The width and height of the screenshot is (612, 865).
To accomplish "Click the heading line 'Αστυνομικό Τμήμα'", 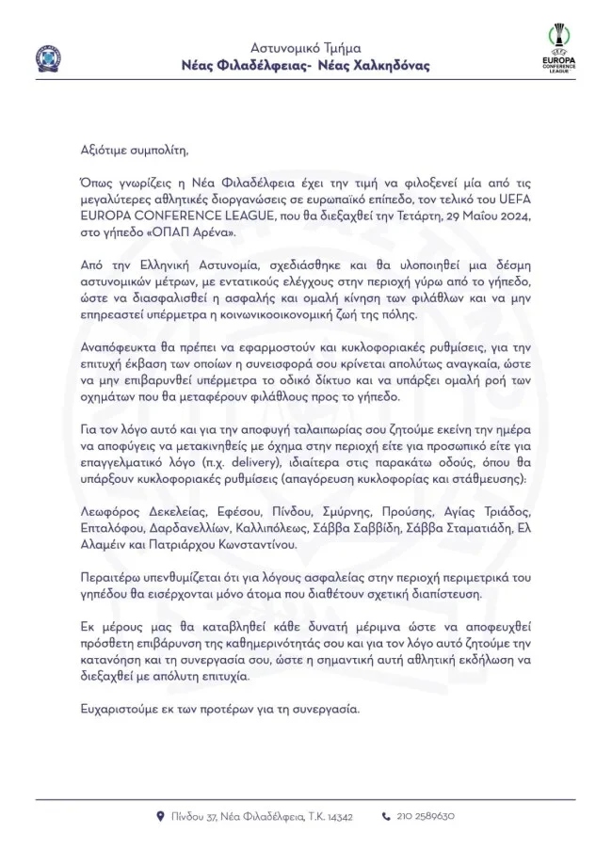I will [x=306, y=47].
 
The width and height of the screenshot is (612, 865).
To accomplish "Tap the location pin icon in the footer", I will [x=160, y=816].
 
